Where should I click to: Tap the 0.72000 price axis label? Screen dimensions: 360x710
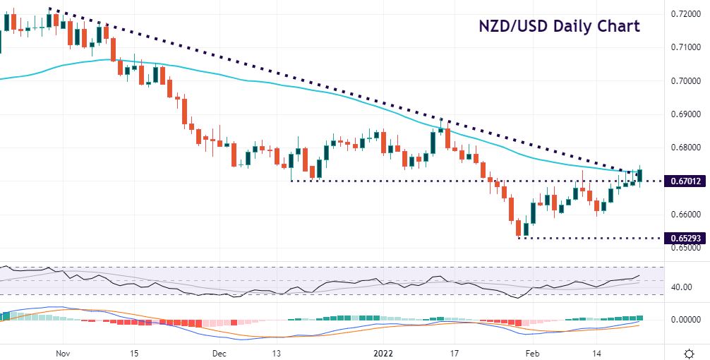pos(686,13)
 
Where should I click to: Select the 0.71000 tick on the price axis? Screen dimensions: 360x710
pos(686,47)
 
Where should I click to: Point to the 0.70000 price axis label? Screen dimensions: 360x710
pos(686,80)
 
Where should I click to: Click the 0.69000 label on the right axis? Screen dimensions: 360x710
pos(686,114)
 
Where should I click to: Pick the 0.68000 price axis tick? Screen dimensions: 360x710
pos(686,148)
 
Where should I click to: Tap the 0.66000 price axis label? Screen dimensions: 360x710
pos(686,215)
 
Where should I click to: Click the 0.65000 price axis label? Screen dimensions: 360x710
pos(686,248)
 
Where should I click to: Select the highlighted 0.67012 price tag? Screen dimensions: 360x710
pos(686,181)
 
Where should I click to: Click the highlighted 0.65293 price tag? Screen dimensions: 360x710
pos(686,239)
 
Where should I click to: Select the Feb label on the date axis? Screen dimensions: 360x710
pos(533,352)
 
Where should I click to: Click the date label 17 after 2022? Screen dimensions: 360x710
pos(454,352)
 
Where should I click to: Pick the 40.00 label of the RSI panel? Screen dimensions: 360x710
pos(681,287)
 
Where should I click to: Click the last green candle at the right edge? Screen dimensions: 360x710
pos(640,176)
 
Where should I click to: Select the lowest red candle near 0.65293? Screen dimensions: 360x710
pos(518,227)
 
